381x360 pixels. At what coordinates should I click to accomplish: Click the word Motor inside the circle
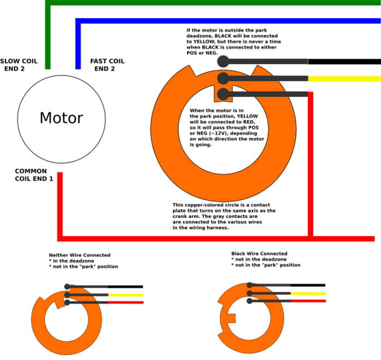pyautogui.click(x=61, y=118)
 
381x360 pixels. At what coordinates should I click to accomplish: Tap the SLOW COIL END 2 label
pyautogui.click(x=20, y=65)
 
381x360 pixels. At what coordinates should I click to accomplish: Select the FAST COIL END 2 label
pyautogui.click(x=107, y=65)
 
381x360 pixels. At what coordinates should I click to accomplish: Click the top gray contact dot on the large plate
pyautogui.click(x=223, y=61)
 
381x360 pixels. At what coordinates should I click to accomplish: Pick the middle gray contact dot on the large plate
pyautogui.click(x=223, y=78)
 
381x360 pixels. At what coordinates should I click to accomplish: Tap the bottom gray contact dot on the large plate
pyautogui.click(x=223, y=95)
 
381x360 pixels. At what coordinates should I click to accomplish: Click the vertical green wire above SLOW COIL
pyautogui.click(x=48, y=38)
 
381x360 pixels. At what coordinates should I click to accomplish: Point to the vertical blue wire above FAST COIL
pyautogui.click(x=78, y=44)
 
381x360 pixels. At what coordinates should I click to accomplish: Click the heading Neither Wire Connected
pyautogui.click(x=79, y=255)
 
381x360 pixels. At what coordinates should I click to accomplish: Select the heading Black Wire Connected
pyautogui.click(x=259, y=253)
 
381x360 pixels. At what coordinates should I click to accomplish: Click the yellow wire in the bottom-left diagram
pyautogui.click(x=126, y=295)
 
